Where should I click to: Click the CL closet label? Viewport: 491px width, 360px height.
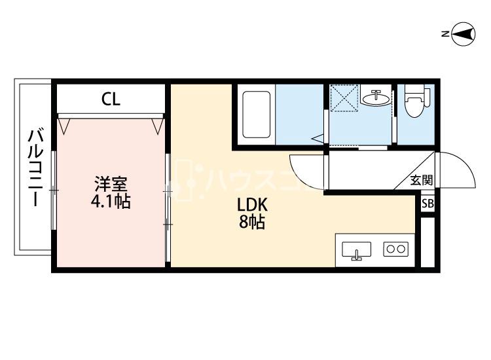111,99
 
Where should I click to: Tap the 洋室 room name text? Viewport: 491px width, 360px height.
111,185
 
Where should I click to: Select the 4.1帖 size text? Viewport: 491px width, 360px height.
111,201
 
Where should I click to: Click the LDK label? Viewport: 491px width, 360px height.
252,205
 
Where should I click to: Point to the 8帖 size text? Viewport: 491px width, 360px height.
252,222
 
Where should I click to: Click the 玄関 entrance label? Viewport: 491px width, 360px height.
421,180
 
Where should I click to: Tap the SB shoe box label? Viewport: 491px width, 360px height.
427,204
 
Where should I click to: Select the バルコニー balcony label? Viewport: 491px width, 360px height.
36,167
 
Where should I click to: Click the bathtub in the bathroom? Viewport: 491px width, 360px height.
257,115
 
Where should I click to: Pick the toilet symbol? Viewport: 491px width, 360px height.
416,101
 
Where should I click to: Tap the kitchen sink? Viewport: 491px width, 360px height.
356,250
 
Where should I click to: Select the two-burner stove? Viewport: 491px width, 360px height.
396,249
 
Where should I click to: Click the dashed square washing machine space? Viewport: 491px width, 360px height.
344,98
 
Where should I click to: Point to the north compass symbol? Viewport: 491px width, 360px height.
464,34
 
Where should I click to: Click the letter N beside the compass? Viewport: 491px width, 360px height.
445,34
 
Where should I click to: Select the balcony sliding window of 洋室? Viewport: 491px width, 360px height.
54,190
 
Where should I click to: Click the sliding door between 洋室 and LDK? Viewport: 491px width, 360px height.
168,207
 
